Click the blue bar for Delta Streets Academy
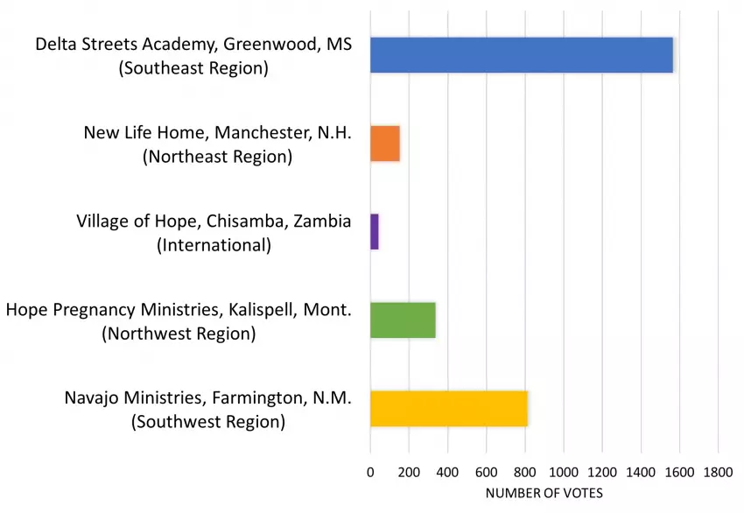(522, 55)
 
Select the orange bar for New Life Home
(385, 144)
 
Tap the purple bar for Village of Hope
(375, 232)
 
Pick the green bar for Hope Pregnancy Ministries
(403, 320)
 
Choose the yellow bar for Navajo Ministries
(449, 409)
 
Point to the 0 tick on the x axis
(370, 473)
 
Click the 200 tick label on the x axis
(409, 473)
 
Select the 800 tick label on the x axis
(525, 473)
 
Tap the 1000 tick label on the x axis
(564, 473)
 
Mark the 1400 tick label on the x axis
(641, 473)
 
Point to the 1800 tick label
(718, 473)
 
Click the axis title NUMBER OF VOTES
(544, 494)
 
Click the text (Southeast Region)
(193, 67)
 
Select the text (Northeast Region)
(217, 157)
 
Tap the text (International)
(214, 245)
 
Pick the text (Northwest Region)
(179, 334)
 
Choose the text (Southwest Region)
(208, 422)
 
